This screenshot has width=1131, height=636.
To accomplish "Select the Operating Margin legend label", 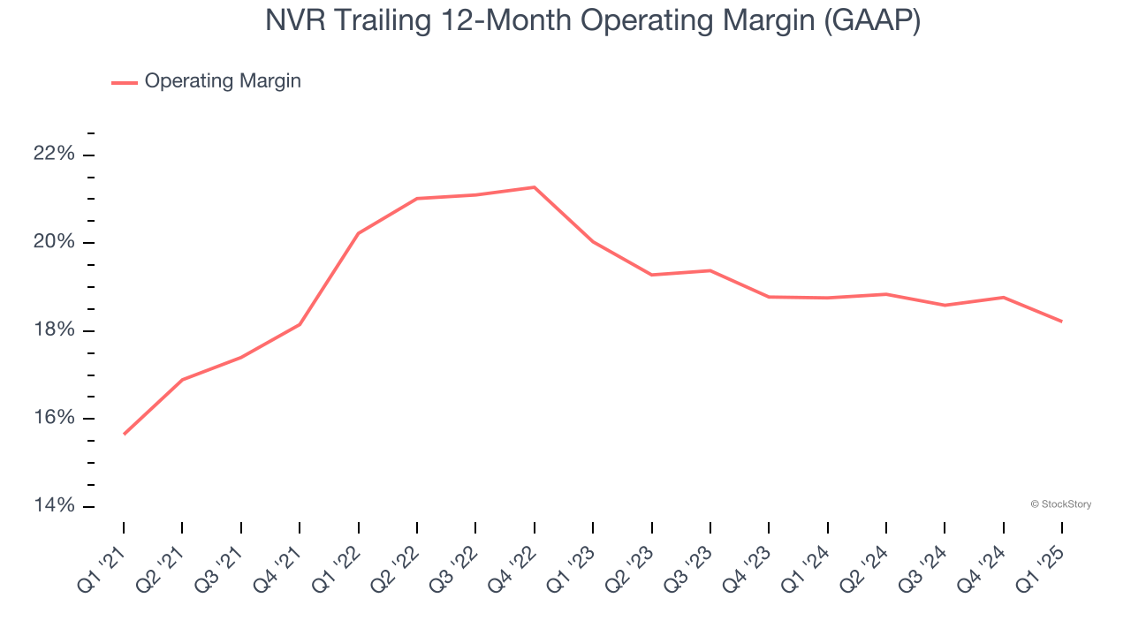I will [223, 81].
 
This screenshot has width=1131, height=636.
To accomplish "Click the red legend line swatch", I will [124, 82].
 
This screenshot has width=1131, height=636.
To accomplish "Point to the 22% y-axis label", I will [54, 155].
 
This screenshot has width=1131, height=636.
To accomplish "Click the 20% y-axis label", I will [54, 243].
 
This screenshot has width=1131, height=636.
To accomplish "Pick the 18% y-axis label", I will [54, 330].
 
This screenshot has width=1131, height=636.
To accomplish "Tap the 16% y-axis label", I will [54, 418].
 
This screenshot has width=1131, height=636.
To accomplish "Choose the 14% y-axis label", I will [54, 505].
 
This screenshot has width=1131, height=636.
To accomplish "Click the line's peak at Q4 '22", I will [535, 187].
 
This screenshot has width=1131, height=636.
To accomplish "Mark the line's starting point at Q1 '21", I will [124, 434].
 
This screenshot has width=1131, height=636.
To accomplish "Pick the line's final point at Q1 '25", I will [1061, 322].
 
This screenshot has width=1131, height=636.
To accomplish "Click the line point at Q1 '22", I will [359, 233].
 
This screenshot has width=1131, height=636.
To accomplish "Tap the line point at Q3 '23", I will [710, 270].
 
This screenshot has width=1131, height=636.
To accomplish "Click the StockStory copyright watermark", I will [1060, 504].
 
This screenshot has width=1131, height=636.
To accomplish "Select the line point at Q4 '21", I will [300, 324].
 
